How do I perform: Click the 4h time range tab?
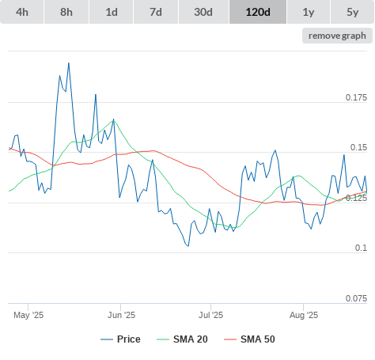point(22,12)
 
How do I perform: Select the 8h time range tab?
point(66,12)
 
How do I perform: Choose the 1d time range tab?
point(112,12)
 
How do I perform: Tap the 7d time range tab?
point(156,12)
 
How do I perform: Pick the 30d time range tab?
point(203,12)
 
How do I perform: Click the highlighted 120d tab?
point(258,12)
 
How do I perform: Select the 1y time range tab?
point(309,12)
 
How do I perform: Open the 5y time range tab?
point(353,12)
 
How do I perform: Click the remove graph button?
point(337,36)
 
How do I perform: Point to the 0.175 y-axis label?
point(356,97)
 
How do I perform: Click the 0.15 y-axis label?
point(358,147)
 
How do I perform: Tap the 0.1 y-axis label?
point(361,248)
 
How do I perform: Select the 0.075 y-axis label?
point(356,298)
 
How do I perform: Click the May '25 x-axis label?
point(28,315)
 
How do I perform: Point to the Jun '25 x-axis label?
point(121,315)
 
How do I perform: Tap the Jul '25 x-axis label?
point(210,315)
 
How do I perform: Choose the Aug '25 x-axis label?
point(304,315)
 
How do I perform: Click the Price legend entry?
point(120,339)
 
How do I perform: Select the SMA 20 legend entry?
point(182,339)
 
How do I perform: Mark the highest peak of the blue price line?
point(69,63)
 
